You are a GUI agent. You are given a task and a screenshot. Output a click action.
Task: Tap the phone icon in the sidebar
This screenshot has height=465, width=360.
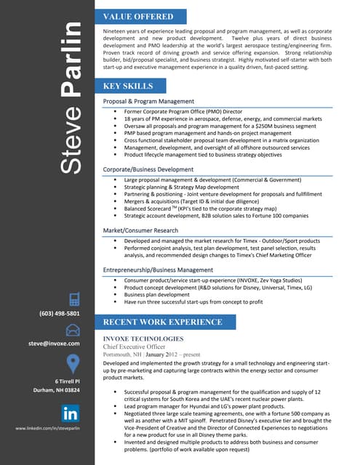[73, 299]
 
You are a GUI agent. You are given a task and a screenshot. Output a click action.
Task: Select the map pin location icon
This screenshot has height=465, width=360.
[73, 363]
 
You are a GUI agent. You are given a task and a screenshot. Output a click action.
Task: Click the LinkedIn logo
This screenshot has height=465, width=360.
[71, 415]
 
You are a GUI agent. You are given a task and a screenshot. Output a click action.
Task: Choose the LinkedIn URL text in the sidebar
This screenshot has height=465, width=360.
[47, 429]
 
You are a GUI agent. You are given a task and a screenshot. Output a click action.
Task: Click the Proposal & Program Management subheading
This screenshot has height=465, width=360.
[148, 101]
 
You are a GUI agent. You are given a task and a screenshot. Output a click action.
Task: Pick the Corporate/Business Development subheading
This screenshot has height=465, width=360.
[148, 169]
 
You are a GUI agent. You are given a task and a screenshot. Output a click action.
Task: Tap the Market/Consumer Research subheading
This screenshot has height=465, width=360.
[140, 230]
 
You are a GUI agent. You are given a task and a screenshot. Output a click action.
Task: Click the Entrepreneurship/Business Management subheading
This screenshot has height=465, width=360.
[158, 270]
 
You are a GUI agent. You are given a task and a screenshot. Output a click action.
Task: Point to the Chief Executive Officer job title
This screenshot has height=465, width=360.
[138, 347]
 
